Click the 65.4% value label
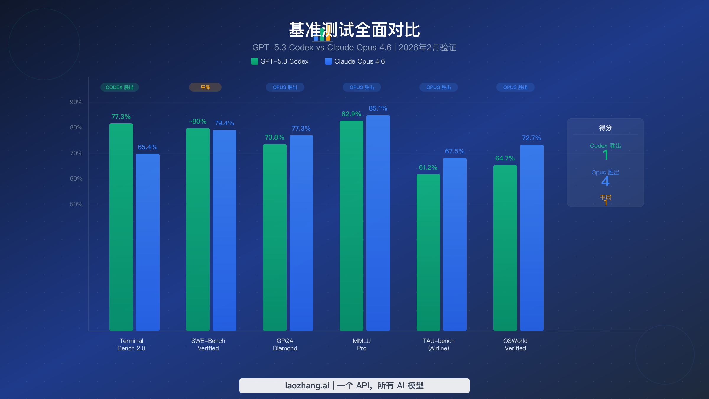point(147,147)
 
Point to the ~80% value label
point(198,121)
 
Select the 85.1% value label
point(378,108)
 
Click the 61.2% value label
point(428,168)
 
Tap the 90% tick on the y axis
point(76,102)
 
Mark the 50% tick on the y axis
point(76,205)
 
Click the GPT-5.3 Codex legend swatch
point(254,61)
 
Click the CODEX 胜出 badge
point(120,87)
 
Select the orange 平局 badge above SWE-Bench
point(205,87)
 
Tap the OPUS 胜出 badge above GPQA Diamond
point(285,87)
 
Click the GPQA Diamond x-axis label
point(285,345)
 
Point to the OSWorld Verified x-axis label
point(516,345)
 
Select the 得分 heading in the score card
point(605,128)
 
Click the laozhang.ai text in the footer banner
point(307,386)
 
